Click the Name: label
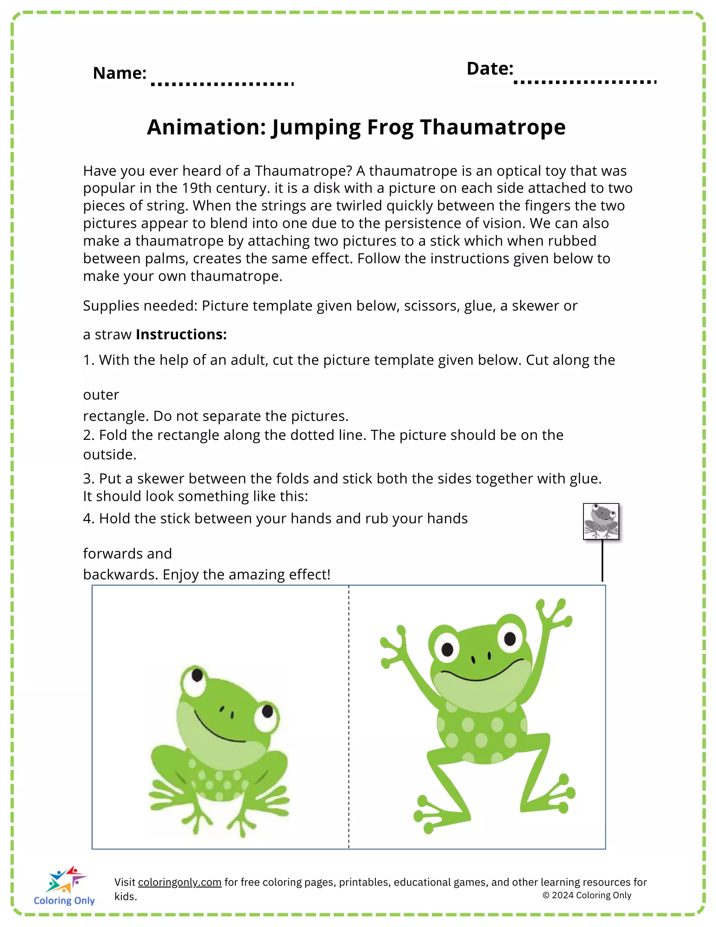pos(120,73)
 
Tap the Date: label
pos(490,69)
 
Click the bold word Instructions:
pos(181,334)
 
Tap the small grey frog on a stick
pos(601,522)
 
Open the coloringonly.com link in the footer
pos(179,882)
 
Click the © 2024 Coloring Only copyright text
pos(587,895)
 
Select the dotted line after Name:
pos(222,84)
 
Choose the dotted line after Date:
pos(585,82)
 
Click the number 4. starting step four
pos(89,518)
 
